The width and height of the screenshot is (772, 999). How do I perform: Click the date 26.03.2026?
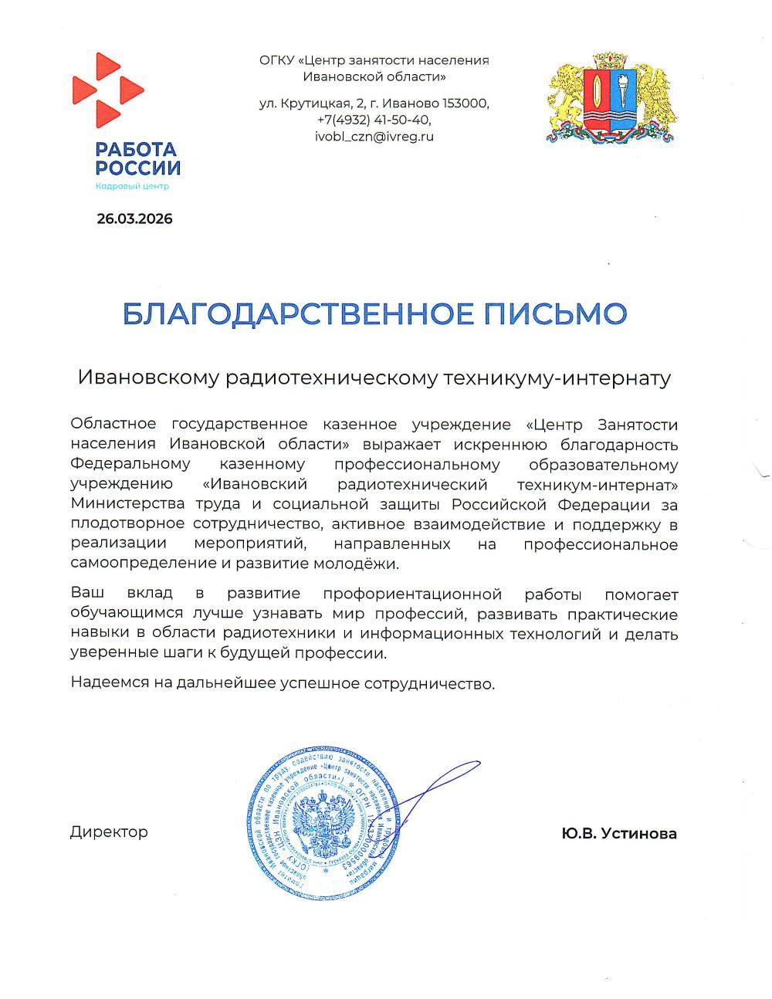134,218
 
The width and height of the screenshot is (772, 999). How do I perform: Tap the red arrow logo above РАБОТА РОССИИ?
107,90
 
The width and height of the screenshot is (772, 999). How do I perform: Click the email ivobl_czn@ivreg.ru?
374,137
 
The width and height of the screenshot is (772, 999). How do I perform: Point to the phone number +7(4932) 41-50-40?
374,120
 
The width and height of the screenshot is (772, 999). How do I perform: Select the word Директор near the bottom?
109,831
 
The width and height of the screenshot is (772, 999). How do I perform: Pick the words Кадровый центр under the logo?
131,186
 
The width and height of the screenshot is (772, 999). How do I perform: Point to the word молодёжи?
363,564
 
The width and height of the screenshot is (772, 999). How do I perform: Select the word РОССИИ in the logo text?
138,168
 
